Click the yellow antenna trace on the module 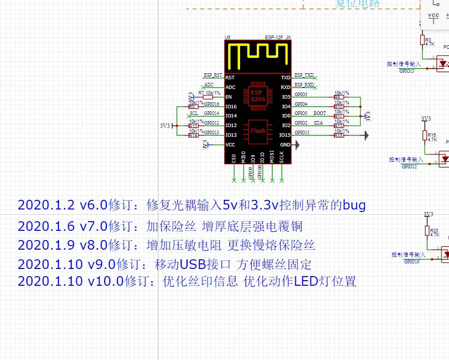tap(258, 56)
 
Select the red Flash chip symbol tap(258, 131)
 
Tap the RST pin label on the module tap(230, 78)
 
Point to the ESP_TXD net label tap(304, 75)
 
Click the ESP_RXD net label tap(304, 84)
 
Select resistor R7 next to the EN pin tap(207, 97)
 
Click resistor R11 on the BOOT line tap(338, 116)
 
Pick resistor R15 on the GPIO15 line tap(338, 135)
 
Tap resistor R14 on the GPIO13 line tap(193, 135)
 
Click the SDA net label tap(318, 123)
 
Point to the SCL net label tap(194, 113)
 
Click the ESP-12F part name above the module tap(274, 38)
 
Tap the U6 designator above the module tap(227, 38)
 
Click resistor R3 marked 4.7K tap(422, 39)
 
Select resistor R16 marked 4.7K tap(425, 135)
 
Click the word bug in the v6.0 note tap(354, 205)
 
